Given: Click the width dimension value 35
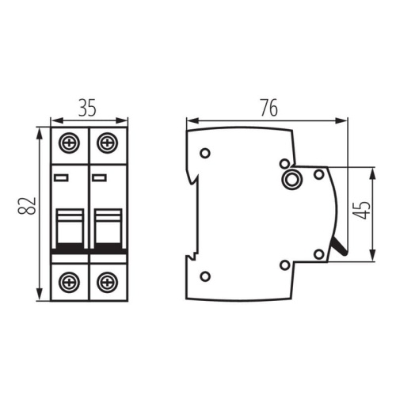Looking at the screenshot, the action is pos(87,108).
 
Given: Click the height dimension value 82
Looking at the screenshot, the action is pos(27,206).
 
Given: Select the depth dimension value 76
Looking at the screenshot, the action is pos(269,108).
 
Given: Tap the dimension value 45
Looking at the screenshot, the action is pos(362,211).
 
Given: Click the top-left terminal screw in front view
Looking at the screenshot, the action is pos(69,143).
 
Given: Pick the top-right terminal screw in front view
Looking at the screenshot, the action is pos(108,143).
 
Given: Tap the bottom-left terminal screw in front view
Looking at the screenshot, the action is pos(69,282).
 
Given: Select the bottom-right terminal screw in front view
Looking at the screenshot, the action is pos(108,282).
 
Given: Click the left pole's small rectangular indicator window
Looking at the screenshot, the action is pos(61,177).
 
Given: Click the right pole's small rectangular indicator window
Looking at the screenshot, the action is pos(99,177).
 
